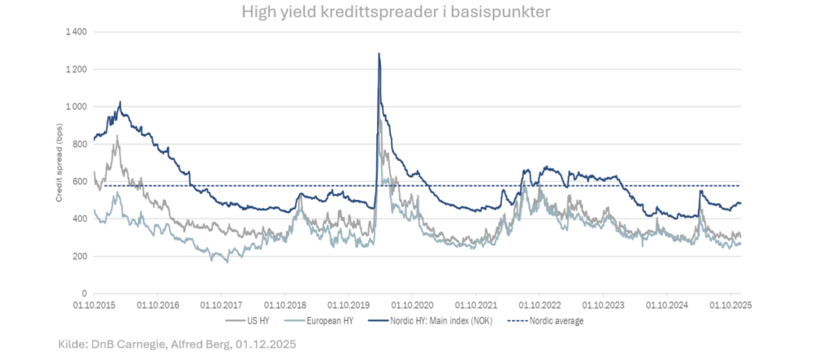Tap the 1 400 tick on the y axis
[x=77, y=32]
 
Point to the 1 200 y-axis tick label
[x=77, y=69]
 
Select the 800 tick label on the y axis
[x=80, y=144]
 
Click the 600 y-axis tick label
[x=80, y=181]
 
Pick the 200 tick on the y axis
[x=80, y=256]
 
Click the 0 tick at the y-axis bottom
[x=84, y=293]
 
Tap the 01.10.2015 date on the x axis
[x=94, y=306]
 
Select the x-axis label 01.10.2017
[x=221, y=306]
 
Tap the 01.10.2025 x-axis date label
[x=730, y=306]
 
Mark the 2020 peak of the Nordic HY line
[x=379, y=54]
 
